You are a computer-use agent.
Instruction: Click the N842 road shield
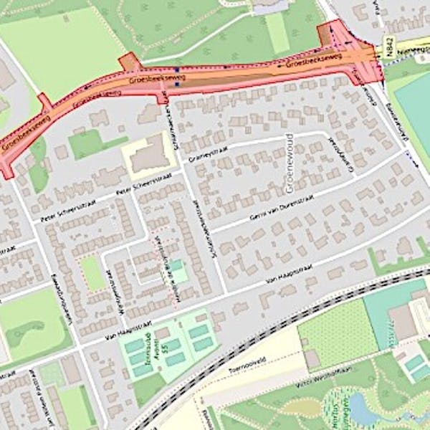tap(387, 49)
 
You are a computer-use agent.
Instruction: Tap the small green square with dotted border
tap(92, 273)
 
